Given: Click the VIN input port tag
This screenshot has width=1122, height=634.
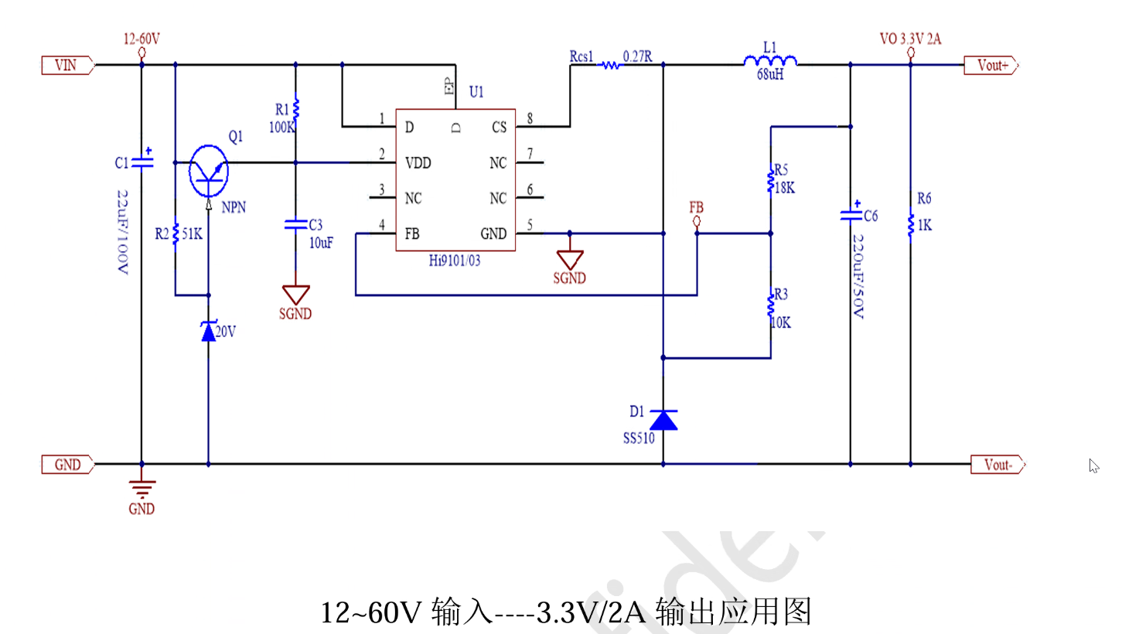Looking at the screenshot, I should click(67, 66).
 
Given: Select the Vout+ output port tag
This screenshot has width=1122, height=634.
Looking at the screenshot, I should click(992, 66).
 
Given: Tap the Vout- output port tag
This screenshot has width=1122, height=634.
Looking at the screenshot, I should click(997, 465).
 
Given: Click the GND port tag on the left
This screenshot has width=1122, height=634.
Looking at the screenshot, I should click(67, 465).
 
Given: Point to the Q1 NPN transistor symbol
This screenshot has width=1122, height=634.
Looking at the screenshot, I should click(209, 171).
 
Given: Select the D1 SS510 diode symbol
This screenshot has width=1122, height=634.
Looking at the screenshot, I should click(663, 420).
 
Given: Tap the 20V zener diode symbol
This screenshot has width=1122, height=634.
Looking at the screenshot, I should click(208, 332).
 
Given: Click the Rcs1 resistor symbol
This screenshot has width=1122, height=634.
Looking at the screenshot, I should click(611, 66).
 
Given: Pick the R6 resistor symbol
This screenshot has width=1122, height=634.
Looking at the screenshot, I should click(910, 225).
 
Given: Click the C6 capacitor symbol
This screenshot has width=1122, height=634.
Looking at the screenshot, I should click(851, 213).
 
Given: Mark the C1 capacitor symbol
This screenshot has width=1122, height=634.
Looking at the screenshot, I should click(142, 161).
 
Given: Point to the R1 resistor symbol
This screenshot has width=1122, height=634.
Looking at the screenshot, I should click(295, 108).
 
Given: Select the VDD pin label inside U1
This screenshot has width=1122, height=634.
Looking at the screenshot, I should click(418, 163).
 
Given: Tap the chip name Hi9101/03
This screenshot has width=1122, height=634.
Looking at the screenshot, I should click(455, 261).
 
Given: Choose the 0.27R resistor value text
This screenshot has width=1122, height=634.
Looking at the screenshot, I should click(638, 56).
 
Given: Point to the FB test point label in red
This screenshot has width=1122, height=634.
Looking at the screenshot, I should click(696, 207).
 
